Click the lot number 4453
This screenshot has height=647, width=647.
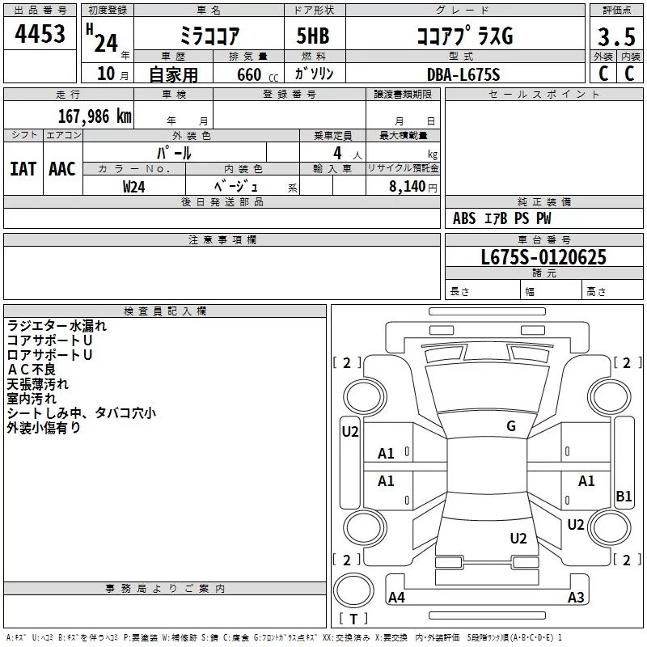pyautogui.click(x=40, y=34)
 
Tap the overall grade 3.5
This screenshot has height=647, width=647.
pyautogui.click(x=616, y=36)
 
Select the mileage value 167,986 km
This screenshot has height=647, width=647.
pyautogui.click(x=95, y=116)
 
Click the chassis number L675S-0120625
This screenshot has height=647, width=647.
pyautogui.click(x=543, y=257)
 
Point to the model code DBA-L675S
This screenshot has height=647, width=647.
pyautogui.click(x=463, y=74)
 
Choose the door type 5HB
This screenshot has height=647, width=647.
pyautogui.click(x=313, y=36)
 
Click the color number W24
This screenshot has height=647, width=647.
pyautogui.click(x=133, y=187)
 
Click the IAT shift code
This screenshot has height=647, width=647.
pyautogui.click(x=23, y=169)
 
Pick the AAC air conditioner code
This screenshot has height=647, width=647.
pyautogui.click(x=62, y=169)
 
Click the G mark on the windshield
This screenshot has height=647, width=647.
pyautogui.click(x=511, y=426)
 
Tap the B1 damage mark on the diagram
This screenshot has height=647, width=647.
pyautogui.click(x=624, y=496)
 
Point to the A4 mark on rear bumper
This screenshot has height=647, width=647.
pyautogui.click(x=396, y=597)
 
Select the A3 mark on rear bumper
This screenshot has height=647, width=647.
pyautogui.click(x=576, y=597)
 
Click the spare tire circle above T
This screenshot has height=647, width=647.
pyautogui.click(x=353, y=590)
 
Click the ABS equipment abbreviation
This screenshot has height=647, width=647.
pyautogui.click(x=464, y=218)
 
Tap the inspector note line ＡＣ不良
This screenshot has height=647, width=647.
pyautogui.click(x=32, y=370)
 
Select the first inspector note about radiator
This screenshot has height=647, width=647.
pyautogui.click(x=57, y=326)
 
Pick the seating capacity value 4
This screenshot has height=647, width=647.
pyautogui.click(x=337, y=153)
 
